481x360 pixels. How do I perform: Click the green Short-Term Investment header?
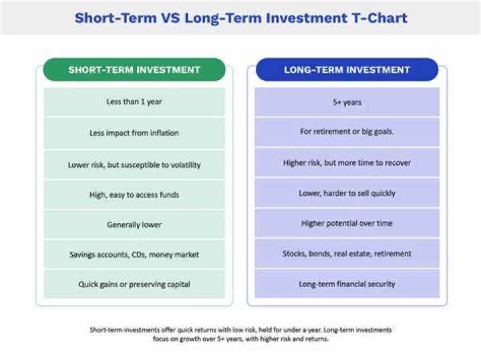point(134,69)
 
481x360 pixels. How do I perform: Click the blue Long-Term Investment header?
point(347,69)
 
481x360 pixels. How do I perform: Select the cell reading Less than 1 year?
point(134,102)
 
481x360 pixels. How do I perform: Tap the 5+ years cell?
point(347,102)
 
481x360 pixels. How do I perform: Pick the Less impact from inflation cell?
point(134,133)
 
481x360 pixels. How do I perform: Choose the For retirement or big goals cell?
point(347,132)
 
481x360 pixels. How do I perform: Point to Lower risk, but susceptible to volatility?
point(134,164)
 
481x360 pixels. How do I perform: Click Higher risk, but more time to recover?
point(347,163)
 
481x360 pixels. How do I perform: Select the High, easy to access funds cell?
point(134,195)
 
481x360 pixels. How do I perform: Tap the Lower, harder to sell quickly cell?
point(347,193)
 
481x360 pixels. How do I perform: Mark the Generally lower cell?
point(134,225)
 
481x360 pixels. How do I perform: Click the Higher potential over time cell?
point(347,223)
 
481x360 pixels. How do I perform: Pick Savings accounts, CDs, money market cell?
point(134,254)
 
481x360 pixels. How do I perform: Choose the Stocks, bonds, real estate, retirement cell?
point(347,254)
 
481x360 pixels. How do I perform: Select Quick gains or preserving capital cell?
point(134,284)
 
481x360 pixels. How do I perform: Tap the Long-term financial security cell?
point(347,284)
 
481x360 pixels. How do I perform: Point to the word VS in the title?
point(170,17)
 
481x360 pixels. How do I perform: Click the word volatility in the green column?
point(180,164)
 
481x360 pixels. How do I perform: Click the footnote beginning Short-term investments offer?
point(240,334)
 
